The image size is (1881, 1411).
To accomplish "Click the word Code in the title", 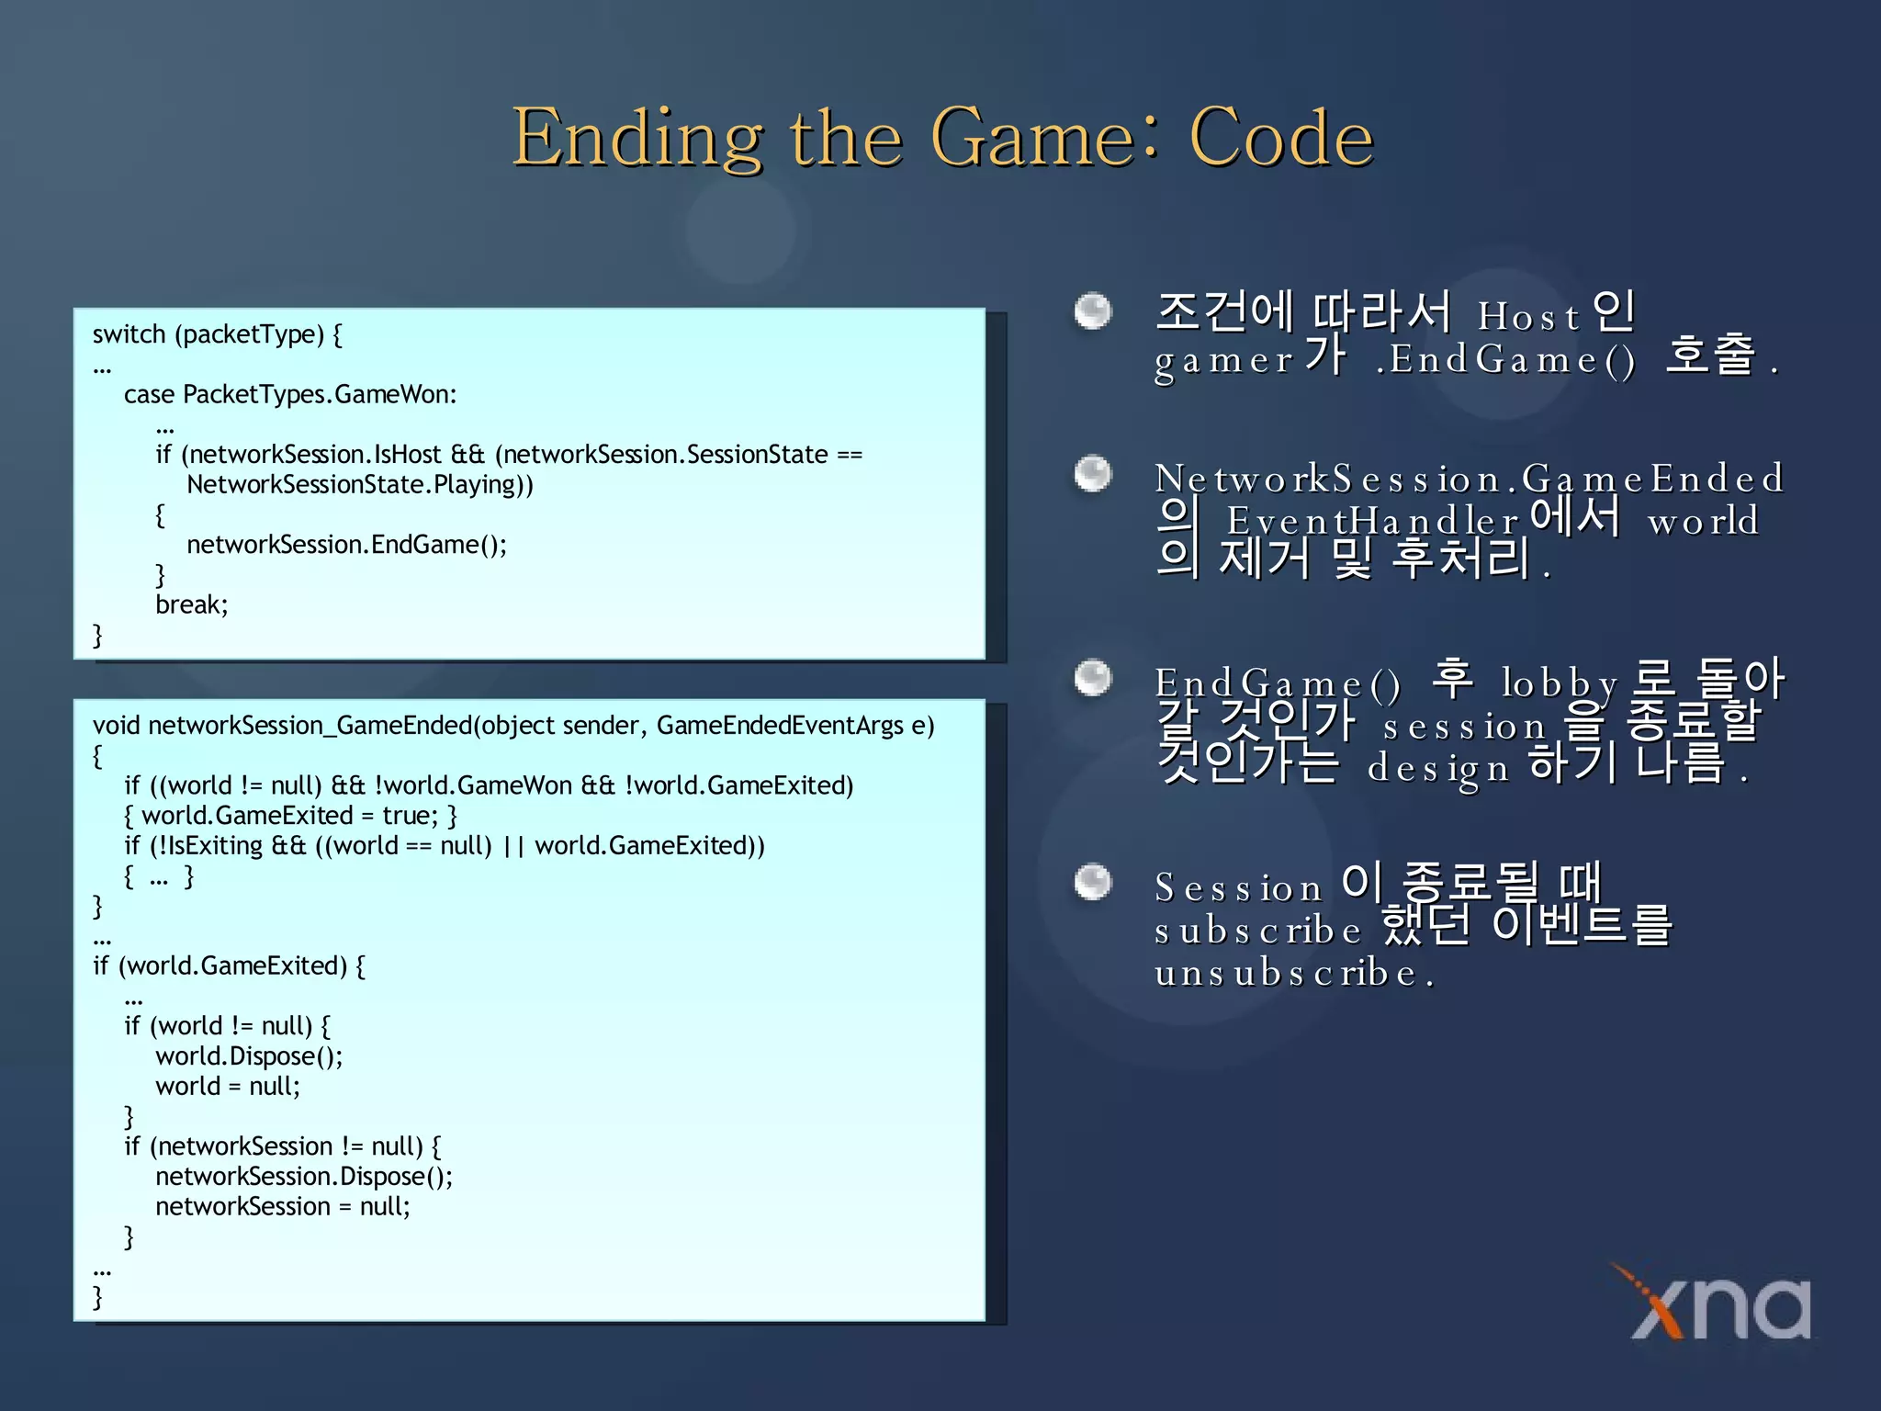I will pos(1280,138).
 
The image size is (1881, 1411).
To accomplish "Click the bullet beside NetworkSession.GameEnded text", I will pos(1093,475).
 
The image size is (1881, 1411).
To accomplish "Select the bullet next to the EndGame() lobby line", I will pos(1093,679).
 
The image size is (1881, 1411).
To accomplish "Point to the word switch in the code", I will pos(129,334).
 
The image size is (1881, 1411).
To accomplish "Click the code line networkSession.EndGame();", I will pos(346,545).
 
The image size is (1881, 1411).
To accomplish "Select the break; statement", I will pos(191,604).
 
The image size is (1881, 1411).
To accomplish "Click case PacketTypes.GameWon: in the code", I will pos(290,395).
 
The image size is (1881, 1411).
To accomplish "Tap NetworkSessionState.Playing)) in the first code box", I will pos(359,485).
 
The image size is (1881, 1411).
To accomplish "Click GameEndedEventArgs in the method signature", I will pos(780,726).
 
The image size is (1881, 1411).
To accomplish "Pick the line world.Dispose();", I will pos(249,1056).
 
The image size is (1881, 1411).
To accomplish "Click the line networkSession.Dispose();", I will pos(304,1177).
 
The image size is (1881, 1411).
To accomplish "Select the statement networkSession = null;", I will pos(282,1207).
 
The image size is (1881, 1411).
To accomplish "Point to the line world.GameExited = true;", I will pos(290,816).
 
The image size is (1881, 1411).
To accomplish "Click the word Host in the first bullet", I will pos(1528,317).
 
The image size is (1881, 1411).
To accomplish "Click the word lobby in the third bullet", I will pos(1559,683).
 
